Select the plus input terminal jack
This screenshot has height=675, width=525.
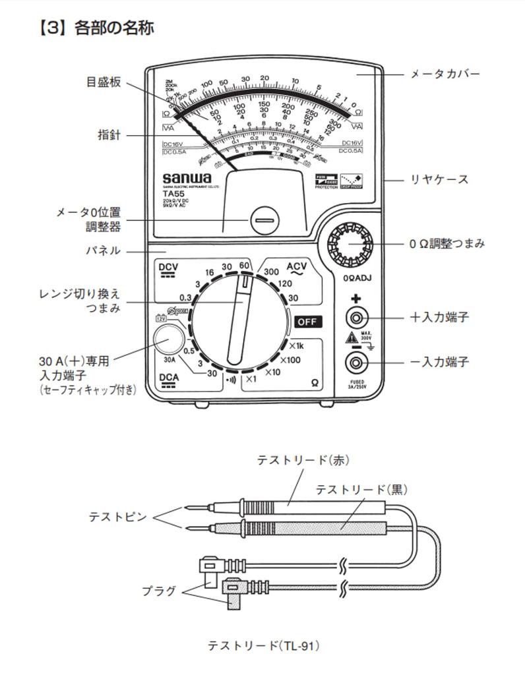[357, 318]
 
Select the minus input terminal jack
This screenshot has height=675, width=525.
[357, 362]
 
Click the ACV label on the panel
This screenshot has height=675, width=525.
[296, 266]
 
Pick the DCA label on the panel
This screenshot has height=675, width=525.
[170, 378]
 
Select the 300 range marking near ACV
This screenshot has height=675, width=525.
[271, 271]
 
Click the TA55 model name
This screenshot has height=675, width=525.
[173, 194]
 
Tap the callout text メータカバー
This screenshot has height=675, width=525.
[445, 74]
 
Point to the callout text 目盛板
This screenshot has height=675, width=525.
[104, 82]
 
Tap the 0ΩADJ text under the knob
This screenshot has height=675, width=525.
[357, 278]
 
